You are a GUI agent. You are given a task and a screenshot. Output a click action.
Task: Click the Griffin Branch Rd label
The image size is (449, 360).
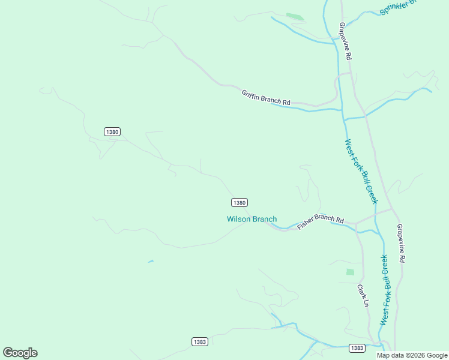point(266,98)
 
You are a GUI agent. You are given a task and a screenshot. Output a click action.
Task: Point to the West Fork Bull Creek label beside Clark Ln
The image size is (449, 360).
point(384,290)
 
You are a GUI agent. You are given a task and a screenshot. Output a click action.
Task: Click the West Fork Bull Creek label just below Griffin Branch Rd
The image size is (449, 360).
point(361,172)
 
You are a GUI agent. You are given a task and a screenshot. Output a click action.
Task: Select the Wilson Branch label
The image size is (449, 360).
point(252,219)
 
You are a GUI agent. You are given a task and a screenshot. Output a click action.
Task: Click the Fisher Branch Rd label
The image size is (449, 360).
point(320,221)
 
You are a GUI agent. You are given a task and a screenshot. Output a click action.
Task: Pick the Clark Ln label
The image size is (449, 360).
point(363,295)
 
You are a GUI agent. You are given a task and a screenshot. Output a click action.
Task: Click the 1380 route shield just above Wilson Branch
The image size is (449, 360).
point(239,203)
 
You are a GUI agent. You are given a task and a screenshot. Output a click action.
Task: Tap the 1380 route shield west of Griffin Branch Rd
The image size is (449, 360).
point(112,131)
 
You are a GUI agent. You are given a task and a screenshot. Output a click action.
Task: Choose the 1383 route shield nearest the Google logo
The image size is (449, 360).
point(200,341)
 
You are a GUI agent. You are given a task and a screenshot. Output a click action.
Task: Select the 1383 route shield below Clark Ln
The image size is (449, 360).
point(357,348)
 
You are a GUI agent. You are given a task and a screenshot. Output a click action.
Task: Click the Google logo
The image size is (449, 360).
point(20,353)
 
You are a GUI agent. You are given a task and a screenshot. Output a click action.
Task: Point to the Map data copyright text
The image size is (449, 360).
point(412,355)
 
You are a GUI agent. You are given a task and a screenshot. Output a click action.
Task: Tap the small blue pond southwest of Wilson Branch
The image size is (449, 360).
point(151,262)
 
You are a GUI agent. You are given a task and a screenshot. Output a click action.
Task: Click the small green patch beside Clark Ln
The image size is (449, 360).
point(350,272)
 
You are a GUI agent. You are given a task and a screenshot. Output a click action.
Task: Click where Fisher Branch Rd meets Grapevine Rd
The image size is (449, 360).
point(392,209)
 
